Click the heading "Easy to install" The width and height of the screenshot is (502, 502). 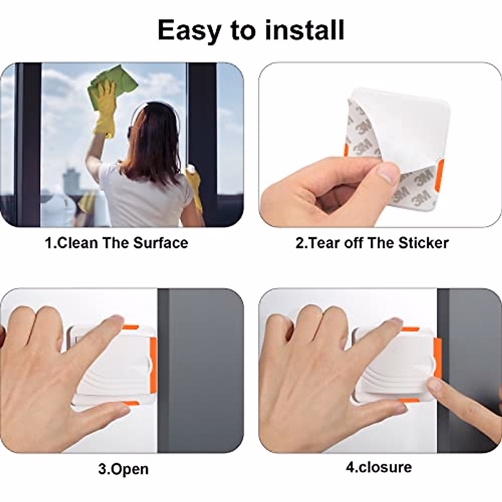click(x=251, y=30)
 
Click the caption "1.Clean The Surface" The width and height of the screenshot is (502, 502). click(x=116, y=243)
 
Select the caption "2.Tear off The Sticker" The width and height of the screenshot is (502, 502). click(x=372, y=243)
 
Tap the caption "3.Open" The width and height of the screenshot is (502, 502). click(x=123, y=469)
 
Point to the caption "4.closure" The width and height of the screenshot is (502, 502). click(x=378, y=466)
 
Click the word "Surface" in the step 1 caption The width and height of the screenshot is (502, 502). click(x=161, y=243)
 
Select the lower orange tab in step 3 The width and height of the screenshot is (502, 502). click(x=131, y=403)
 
